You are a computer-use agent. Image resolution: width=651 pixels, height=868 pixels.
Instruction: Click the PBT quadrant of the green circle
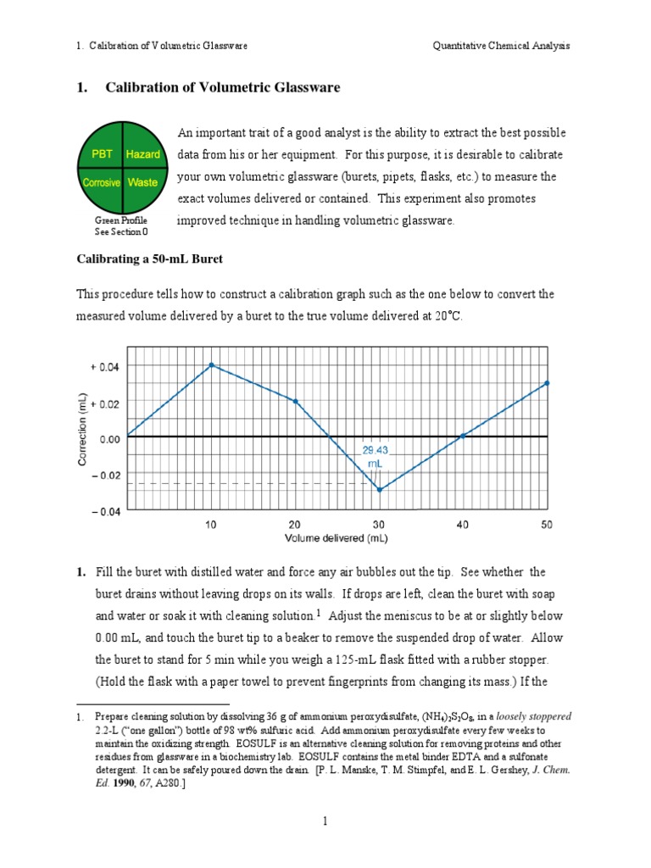[102, 154]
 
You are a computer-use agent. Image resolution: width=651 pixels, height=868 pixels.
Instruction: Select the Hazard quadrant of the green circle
[143, 154]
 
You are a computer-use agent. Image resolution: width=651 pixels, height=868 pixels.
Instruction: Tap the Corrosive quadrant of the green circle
[101, 182]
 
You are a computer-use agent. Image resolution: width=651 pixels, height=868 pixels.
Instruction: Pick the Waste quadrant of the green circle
[142, 182]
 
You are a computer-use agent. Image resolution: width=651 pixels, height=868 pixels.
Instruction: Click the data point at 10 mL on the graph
[211, 365]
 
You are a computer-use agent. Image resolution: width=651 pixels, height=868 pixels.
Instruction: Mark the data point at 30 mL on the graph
[379, 490]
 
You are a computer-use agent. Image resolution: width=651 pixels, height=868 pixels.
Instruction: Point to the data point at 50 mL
[547, 383]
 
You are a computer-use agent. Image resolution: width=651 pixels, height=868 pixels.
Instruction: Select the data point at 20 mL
[295, 401]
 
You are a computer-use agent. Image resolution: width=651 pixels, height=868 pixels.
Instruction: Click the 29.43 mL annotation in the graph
[374, 458]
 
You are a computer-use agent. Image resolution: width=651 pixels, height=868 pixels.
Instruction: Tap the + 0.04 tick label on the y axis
[104, 366]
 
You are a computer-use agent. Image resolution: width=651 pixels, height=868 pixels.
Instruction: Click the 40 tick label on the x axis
[463, 525]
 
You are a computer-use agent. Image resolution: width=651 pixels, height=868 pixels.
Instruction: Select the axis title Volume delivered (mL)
[337, 538]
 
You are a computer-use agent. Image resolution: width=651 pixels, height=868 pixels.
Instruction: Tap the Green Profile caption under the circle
[121, 220]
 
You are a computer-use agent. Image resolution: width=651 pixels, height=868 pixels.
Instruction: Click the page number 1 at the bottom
[325, 821]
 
